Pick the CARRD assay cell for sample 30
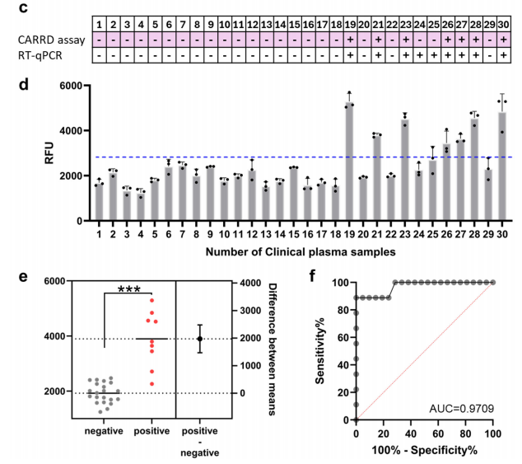point(501,40)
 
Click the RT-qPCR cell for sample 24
point(419,54)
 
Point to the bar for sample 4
point(140,206)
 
